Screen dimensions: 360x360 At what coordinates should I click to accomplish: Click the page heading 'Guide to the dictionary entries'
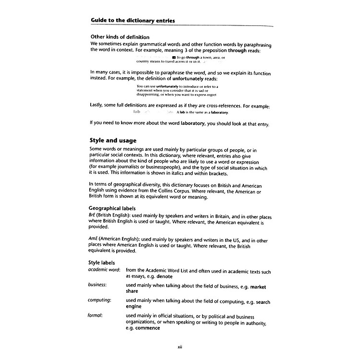[x=132, y=21]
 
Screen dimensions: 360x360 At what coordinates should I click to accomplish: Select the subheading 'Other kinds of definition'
[x=120, y=37]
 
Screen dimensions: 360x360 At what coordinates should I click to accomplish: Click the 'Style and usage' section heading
[x=113, y=141]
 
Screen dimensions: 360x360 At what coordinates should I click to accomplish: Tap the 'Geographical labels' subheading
[x=112, y=209]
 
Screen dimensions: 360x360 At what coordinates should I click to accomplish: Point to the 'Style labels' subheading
[x=101, y=263]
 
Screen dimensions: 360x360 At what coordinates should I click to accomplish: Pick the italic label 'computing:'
[x=99, y=300]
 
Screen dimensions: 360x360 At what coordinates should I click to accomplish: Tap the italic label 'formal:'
[x=95, y=315]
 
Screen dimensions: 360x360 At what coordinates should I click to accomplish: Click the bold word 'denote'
[x=164, y=276]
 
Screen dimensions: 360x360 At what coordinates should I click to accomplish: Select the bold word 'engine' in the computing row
[x=134, y=306]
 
